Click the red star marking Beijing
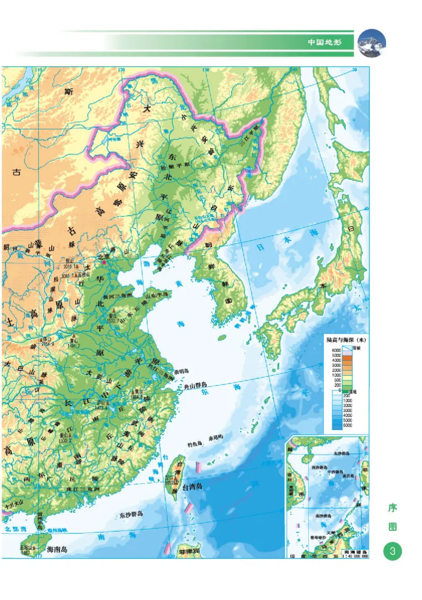(104, 262)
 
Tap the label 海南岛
(57, 549)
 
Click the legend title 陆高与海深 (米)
(346, 340)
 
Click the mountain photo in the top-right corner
(372, 43)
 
